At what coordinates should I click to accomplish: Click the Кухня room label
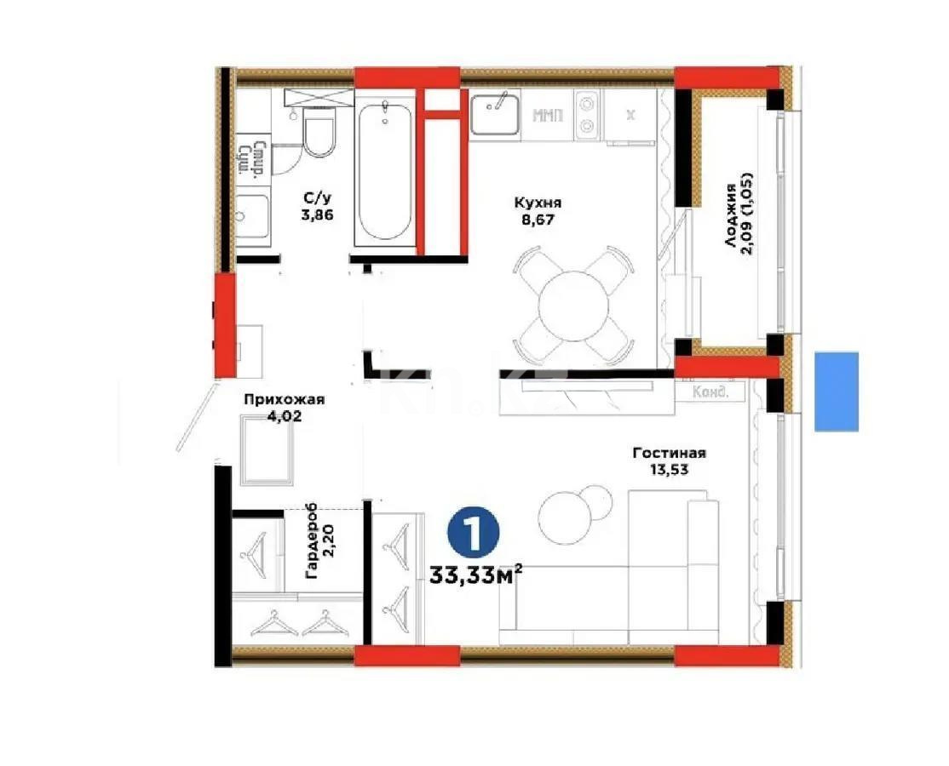[x=538, y=203]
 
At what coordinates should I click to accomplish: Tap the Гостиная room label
[x=669, y=453]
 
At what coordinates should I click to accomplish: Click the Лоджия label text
[x=730, y=216]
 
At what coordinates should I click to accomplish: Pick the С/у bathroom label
[x=316, y=198]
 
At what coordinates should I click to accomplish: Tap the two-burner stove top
[x=588, y=116]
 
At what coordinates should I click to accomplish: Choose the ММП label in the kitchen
[x=548, y=116]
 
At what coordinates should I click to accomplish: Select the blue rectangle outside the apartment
[x=836, y=392]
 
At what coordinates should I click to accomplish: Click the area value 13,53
[x=670, y=469]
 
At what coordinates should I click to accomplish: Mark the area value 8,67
[x=538, y=220]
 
